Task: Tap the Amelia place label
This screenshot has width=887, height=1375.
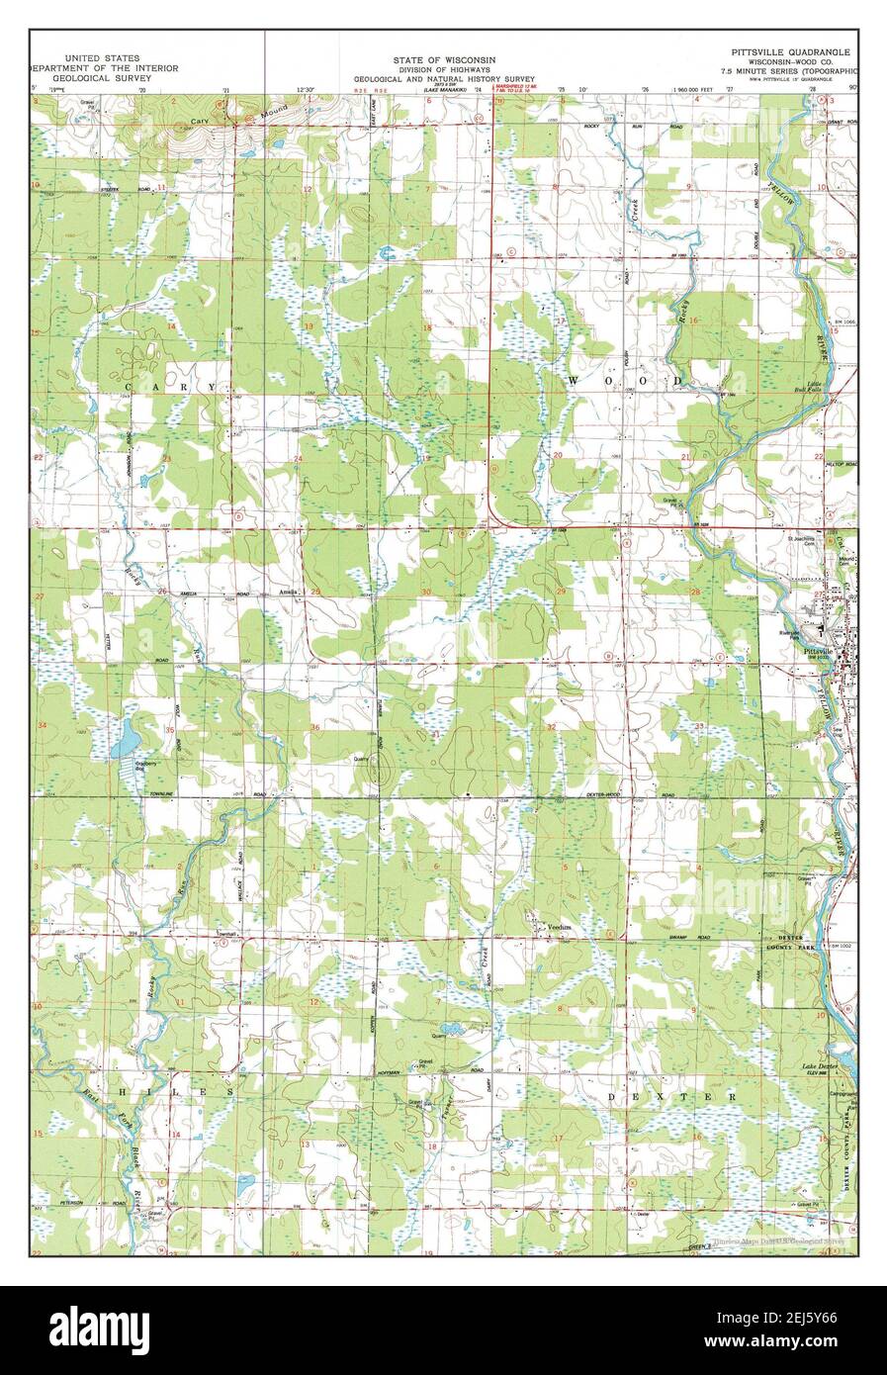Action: click(289, 593)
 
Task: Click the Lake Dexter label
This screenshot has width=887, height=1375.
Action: click(821, 1067)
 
